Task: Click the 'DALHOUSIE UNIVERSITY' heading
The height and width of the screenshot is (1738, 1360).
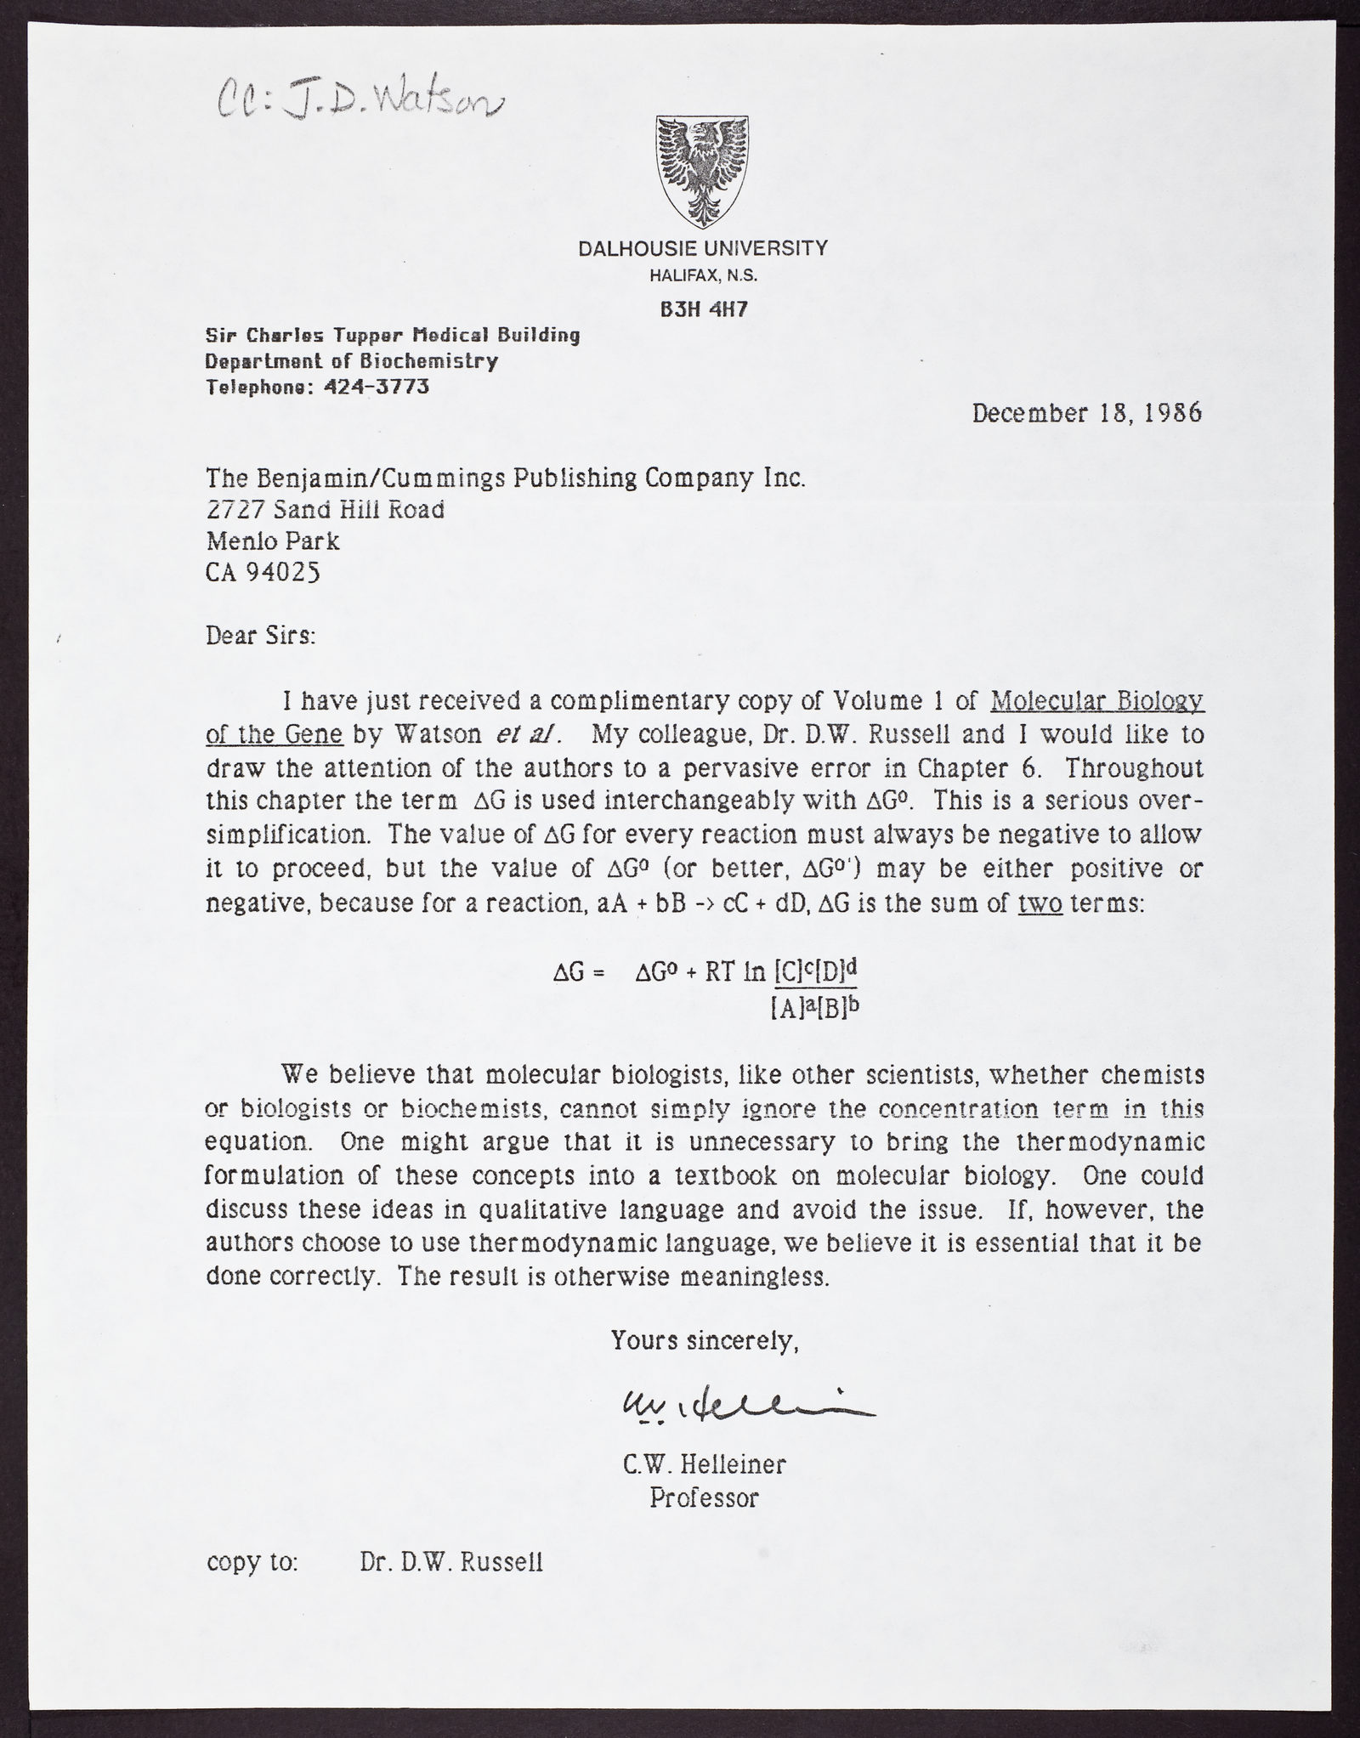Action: (x=702, y=248)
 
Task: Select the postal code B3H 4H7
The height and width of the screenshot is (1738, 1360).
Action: (x=704, y=309)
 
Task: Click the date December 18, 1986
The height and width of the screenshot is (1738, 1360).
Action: (x=1086, y=414)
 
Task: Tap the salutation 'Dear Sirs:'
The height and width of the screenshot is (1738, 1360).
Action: (x=260, y=636)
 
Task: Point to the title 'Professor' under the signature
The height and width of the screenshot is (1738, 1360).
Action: (x=704, y=1497)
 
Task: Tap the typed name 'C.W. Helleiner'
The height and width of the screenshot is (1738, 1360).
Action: (x=704, y=1463)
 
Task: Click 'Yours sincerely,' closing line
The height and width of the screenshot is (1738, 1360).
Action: (x=705, y=1340)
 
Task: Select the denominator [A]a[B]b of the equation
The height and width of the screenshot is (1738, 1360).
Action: (x=808, y=1007)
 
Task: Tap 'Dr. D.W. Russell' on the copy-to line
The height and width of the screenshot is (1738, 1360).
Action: (x=450, y=1562)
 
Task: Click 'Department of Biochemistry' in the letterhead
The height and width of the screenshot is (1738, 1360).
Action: (x=351, y=361)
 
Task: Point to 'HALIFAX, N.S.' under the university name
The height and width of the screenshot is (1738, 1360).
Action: (x=703, y=275)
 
